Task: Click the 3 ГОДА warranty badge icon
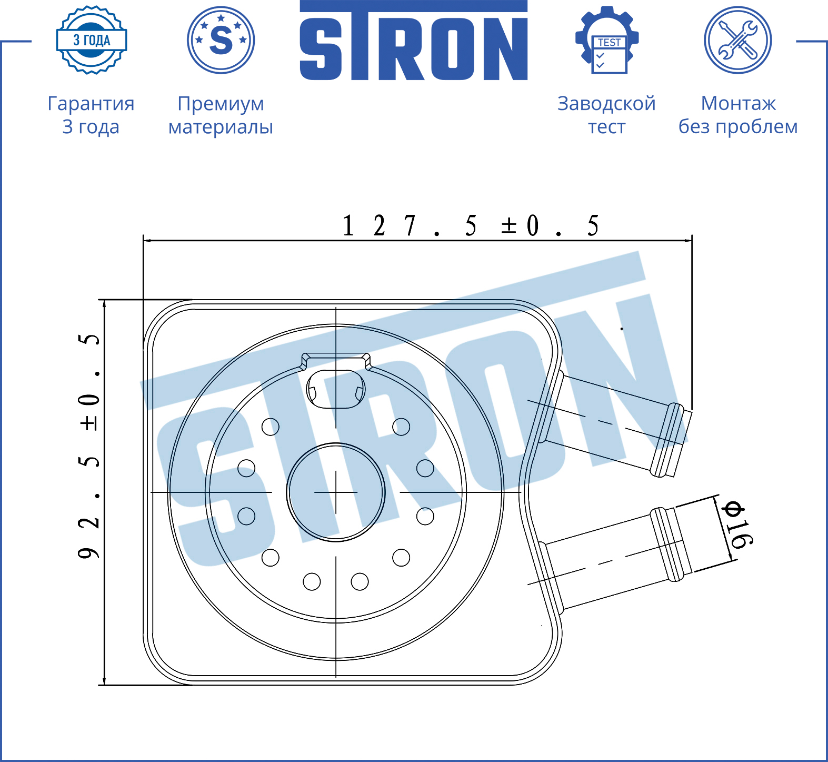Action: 92,40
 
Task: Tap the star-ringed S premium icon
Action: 221,40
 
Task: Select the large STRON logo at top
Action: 414,41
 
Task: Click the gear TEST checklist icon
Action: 607,40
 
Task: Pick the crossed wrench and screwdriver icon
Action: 738,40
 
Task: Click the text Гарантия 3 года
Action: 91,115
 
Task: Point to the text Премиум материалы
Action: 221,115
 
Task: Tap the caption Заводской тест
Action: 607,115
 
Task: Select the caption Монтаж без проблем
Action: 738,115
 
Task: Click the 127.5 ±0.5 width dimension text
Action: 471,225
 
